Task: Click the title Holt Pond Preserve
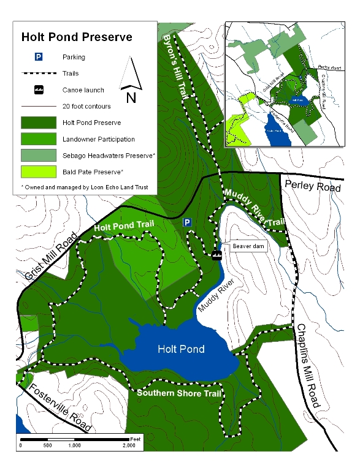(77, 37)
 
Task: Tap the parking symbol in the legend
(38, 57)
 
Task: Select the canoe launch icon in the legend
(38, 89)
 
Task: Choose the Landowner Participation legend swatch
(38, 138)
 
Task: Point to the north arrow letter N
(130, 97)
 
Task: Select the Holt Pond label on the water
(180, 349)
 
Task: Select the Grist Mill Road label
(47, 259)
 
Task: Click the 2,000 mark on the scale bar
(129, 445)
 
